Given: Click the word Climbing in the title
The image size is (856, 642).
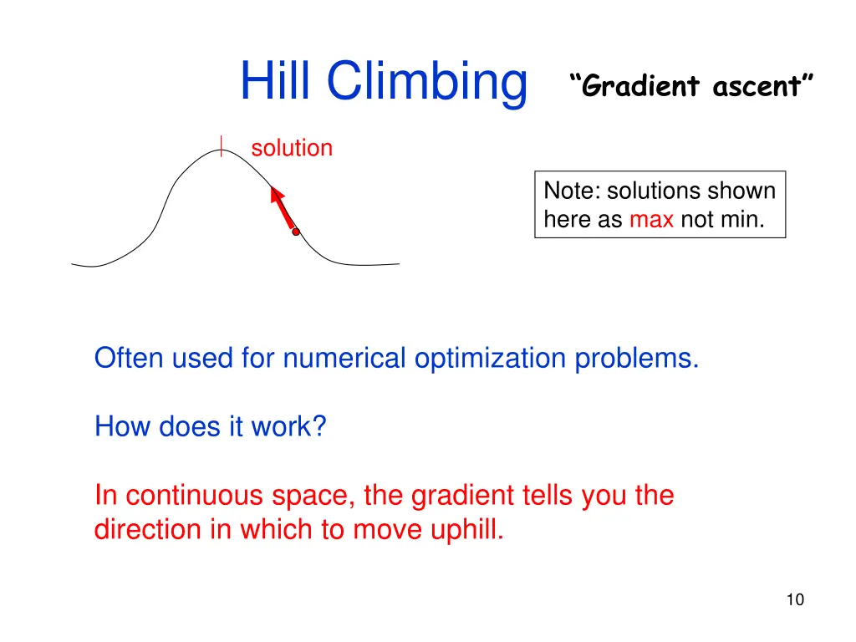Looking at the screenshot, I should (426, 83).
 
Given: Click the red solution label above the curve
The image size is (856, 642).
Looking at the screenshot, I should (292, 149).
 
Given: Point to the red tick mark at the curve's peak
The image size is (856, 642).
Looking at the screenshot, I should (221, 147).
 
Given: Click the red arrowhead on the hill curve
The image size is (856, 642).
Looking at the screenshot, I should (277, 196).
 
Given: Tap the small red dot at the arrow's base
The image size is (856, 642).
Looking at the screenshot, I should (295, 232).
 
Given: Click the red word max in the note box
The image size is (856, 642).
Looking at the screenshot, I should (651, 219).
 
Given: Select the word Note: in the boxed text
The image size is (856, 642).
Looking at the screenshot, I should (573, 191).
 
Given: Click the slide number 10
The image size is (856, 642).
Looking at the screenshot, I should (795, 599).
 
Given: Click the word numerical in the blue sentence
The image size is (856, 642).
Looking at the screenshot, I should (344, 359).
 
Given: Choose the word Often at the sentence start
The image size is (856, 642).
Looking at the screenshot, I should (130, 359).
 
